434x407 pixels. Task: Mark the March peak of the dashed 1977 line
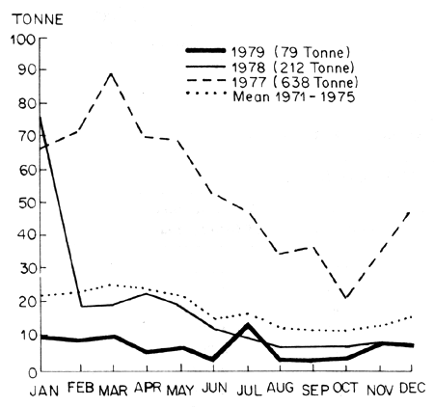(114, 74)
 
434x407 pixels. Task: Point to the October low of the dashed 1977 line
(346, 298)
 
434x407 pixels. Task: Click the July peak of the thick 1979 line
(247, 325)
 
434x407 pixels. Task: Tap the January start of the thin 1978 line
(41, 117)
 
